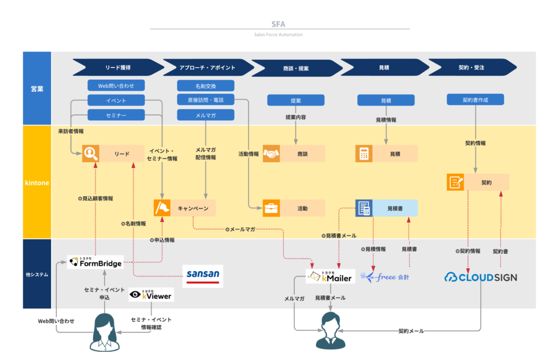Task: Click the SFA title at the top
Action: (278, 24)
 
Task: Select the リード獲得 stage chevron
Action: (118, 68)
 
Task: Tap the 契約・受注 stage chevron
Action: (471, 68)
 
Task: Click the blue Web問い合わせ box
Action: (116, 86)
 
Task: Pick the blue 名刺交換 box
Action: (205, 86)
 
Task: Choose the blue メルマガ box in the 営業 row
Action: (205, 115)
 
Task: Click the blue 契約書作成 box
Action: (475, 100)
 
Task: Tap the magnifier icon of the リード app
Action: (91, 154)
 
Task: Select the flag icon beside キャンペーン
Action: (163, 208)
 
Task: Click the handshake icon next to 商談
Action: (271, 154)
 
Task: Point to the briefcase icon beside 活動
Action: (271, 208)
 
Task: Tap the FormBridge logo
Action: (95, 262)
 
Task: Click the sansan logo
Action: (202, 275)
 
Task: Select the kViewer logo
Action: (151, 295)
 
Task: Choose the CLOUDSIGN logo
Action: (481, 277)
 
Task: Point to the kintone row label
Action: (37, 183)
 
